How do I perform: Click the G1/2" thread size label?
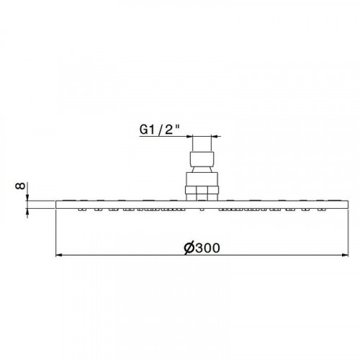(160, 130)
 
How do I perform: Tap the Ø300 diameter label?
(202, 248)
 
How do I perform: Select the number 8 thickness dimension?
(20, 186)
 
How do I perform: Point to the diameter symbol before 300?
(189, 248)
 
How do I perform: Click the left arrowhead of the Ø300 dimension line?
(59, 256)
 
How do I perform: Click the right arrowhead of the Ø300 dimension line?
(345, 256)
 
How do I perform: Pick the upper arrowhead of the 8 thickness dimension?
(27, 197)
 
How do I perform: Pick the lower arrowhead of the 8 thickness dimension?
(27, 211)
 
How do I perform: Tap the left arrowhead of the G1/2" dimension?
(189, 137)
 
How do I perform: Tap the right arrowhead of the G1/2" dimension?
(215, 137)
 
